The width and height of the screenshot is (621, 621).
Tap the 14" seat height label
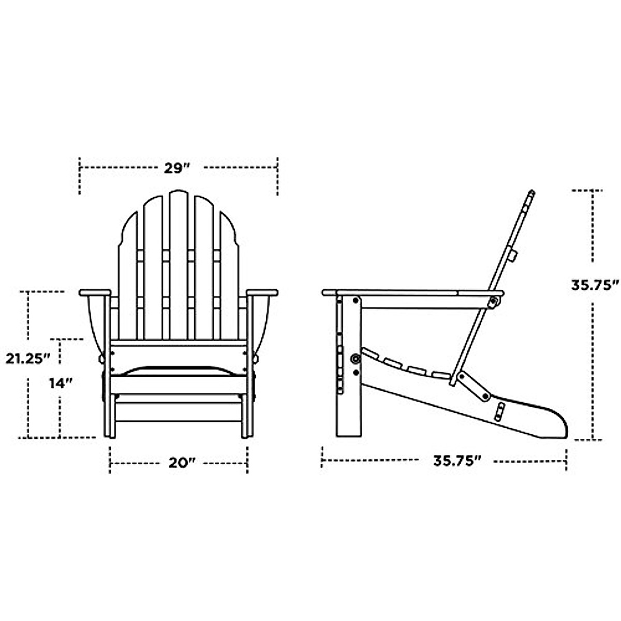[x=61, y=383]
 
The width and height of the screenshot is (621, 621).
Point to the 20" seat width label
[x=180, y=463]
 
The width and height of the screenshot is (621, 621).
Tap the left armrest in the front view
[x=95, y=292]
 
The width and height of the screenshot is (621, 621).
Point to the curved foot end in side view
[x=556, y=422]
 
